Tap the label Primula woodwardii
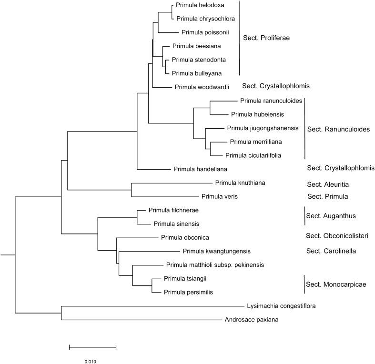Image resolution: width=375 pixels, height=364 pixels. (x=202, y=87)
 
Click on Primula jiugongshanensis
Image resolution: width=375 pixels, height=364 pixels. (x=263, y=128)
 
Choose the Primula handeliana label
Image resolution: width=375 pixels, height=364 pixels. (x=200, y=169)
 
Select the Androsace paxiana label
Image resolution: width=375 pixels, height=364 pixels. (x=252, y=320)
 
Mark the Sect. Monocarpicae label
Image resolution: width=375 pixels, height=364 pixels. (x=336, y=285)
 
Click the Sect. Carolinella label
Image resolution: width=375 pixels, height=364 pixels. (x=332, y=251)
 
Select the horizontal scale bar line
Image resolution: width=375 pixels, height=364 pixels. (x=92, y=346)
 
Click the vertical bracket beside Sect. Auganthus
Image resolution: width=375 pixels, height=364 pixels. (x=304, y=216)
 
